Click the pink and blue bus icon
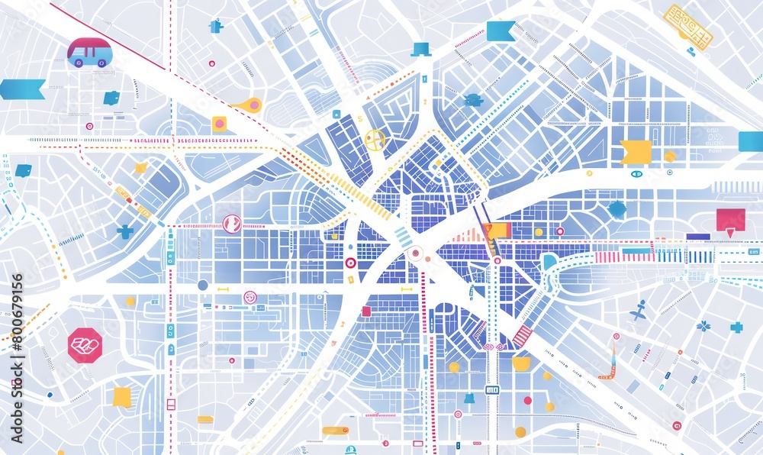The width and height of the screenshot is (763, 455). click(x=87, y=53)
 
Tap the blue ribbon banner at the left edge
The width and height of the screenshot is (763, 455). click(x=22, y=89)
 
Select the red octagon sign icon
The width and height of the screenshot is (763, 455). click(x=84, y=345)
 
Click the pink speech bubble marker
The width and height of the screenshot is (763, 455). click(x=730, y=221)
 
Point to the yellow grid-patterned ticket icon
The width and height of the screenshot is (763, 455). click(x=687, y=26)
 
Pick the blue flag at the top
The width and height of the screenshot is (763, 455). click(x=501, y=31)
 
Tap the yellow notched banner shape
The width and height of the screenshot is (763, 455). click(x=636, y=152)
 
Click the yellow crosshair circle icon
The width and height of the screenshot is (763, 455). click(x=374, y=139)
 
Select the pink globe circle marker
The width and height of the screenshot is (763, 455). click(x=231, y=223)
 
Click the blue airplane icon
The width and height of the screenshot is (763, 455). click(x=639, y=310)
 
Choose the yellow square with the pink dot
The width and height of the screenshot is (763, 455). click(x=219, y=124)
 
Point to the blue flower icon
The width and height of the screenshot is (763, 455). click(x=703, y=326)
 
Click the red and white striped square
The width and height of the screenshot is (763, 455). click(x=523, y=336)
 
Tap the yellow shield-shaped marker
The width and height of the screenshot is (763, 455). click(x=521, y=363)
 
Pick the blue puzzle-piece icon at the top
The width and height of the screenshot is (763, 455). click(x=216, y=26)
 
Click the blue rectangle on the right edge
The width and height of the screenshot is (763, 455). click(x=750, y=141)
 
